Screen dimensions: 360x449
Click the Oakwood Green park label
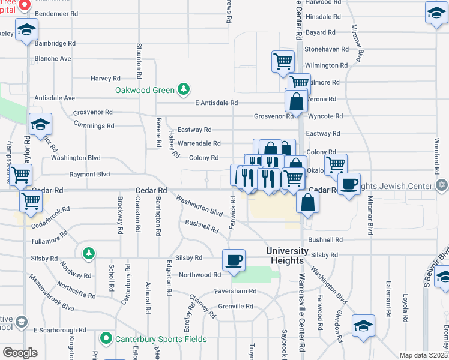coord(145,91)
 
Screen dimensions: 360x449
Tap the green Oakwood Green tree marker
coord(183,91)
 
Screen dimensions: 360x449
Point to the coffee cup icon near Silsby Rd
coord(234,261)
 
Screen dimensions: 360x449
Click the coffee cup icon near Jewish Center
coord(349,184)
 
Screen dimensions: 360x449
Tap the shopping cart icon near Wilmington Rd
coord(283,61)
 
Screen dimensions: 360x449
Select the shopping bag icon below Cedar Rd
coord(307,202)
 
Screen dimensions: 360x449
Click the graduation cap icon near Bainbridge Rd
coord(26,30)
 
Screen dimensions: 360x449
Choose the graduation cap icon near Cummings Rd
coord(40,124)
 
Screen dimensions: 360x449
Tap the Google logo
coord(20,353)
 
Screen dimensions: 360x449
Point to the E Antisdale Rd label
coord(217,103)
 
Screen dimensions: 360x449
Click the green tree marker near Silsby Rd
coord(89,253)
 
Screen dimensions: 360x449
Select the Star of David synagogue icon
coord(442,185)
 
